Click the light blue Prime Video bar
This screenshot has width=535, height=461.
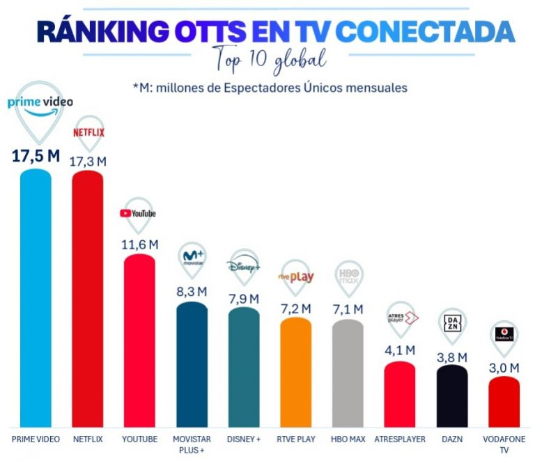[36, 298]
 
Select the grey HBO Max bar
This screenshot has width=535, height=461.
[348, 373]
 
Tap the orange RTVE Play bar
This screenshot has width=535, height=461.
[296, 372]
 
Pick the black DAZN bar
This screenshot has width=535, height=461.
[452, 396]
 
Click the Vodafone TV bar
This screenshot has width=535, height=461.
[504, 402]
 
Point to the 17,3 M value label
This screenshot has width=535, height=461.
[88, 162]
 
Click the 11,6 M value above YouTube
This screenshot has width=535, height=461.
[140, 244]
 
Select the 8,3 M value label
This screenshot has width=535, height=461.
[192, 292]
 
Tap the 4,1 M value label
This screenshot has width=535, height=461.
[400, 350]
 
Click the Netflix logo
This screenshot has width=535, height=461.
[88, 132]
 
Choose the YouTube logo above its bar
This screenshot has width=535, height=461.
[138, 214]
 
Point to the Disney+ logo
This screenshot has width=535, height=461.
[243, 265]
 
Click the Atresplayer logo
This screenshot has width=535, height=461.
[403, 318]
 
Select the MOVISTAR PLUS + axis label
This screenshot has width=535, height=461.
[192, 444]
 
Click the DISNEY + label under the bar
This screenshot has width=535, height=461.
[244, 439]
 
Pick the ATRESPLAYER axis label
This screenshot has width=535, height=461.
[400, 439]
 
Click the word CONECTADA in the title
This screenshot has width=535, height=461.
[425, 31]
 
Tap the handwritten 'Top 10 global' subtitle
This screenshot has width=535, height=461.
[269, 60]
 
